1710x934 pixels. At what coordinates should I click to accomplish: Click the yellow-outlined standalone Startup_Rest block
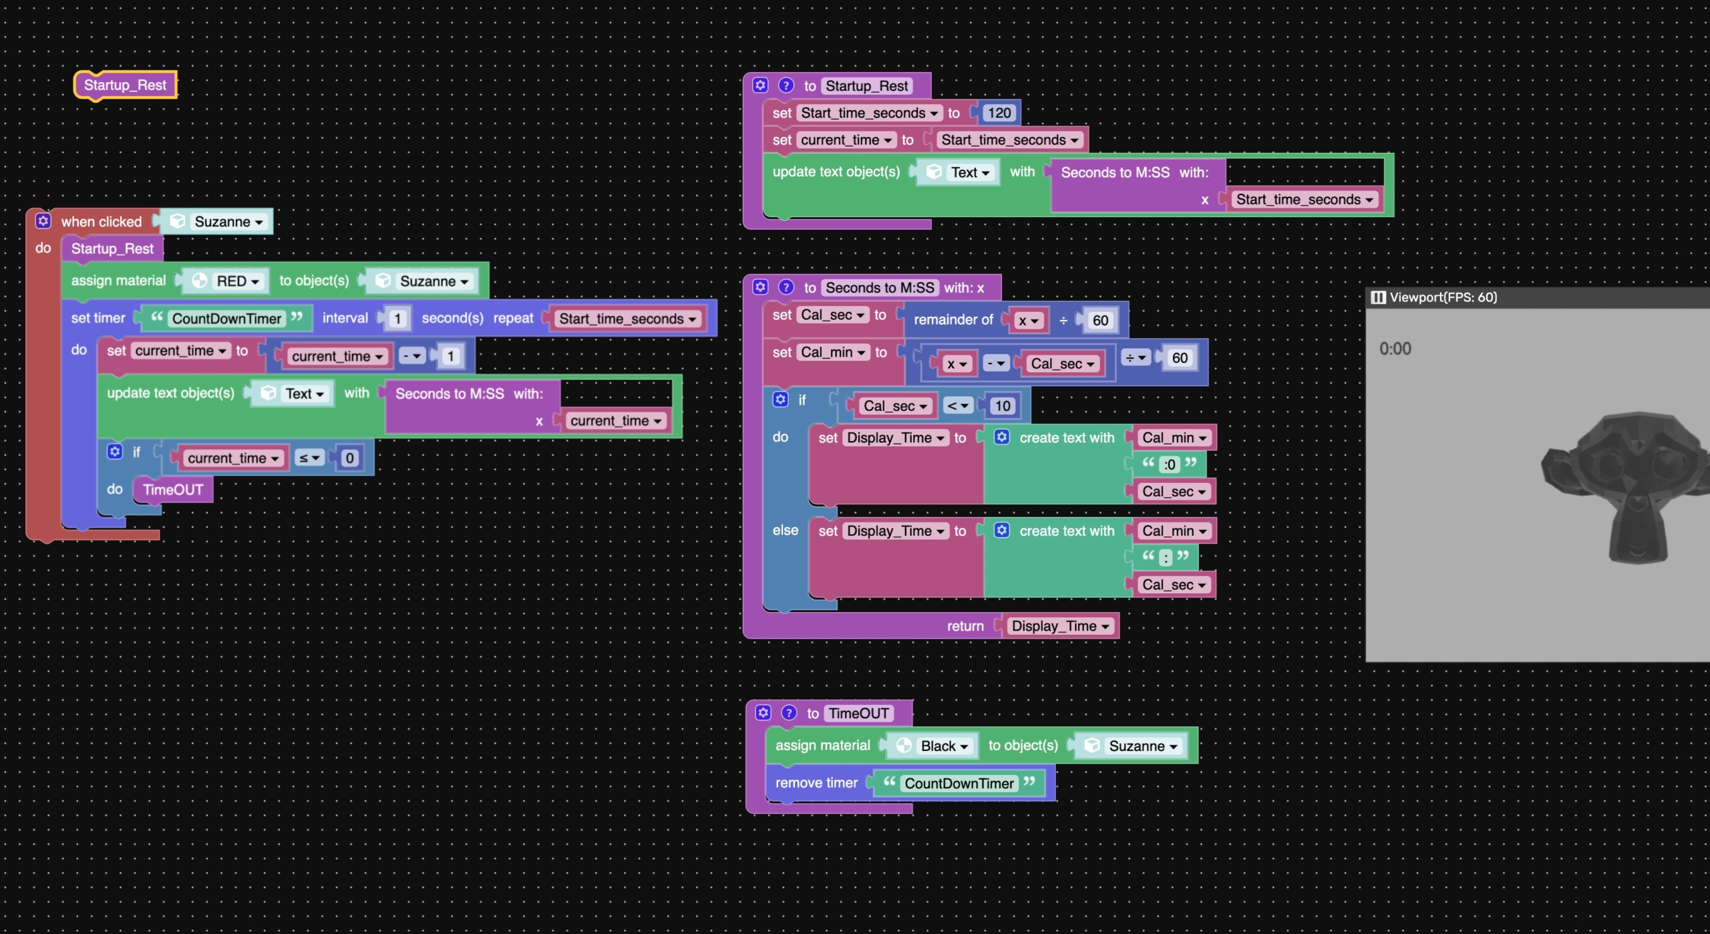click(x=125, y=86)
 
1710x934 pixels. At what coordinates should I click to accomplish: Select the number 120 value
click(x=999, y=113)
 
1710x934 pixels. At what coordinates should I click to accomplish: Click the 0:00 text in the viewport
click(x=1395, y=349)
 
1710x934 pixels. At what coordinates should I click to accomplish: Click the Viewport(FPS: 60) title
click(x=1443, y=297)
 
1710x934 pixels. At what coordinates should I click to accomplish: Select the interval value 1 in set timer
click(x=397, y=319)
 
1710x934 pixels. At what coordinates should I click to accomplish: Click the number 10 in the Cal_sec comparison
click(x=1003, y=406)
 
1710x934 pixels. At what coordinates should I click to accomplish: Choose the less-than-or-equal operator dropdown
click(x=310, y=458)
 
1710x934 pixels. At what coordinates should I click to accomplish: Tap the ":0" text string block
click(x=1169, y=464)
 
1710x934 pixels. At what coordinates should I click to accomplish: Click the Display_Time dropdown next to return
click(x=1060, y=626)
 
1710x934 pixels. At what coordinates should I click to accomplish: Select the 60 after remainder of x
click(x=1100, y=320)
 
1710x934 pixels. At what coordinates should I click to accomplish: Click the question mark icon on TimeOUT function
click(x=789, y=713)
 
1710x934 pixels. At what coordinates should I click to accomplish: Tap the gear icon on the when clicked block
click(x=43, y=221)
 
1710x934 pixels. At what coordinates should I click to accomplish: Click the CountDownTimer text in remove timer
click(x=959, y=784)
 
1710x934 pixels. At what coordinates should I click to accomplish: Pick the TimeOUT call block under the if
click(x=173, y=490)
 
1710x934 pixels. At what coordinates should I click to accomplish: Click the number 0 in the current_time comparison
click(x=349, y=458)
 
